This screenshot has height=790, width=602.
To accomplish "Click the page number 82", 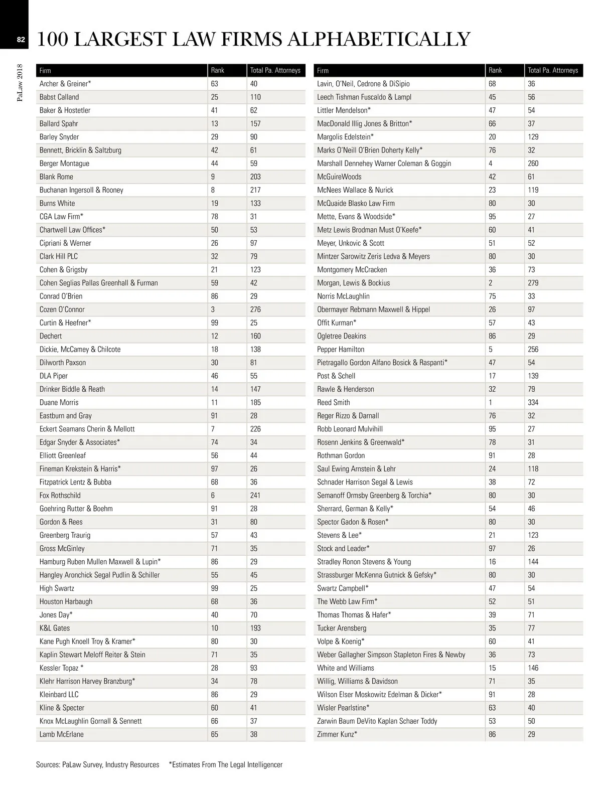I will [21, 40].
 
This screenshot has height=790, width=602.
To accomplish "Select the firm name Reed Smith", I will [333, 402].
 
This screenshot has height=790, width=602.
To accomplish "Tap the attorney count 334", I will [533, 402].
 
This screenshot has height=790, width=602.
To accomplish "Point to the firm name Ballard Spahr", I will [59, 123].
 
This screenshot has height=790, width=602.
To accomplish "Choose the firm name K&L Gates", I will [55, 628].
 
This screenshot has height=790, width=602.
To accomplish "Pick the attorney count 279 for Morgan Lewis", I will [533, 283].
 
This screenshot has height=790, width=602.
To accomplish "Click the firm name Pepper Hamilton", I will [341, 349].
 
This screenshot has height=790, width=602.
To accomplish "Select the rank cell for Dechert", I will [215, 336].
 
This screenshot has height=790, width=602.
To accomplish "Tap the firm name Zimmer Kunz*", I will [337, 734].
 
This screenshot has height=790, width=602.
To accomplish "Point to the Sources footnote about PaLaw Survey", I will [97, 765].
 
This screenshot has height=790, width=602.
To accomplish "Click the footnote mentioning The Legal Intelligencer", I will [226, 765].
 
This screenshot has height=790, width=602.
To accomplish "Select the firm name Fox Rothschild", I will [60, 495].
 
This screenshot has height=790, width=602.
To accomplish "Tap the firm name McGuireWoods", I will [339, 177].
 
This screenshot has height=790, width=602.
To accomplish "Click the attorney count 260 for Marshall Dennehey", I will [533, 164].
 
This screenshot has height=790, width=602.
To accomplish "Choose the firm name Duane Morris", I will [59, 402].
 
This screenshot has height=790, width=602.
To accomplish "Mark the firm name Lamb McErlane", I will [62, 734].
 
